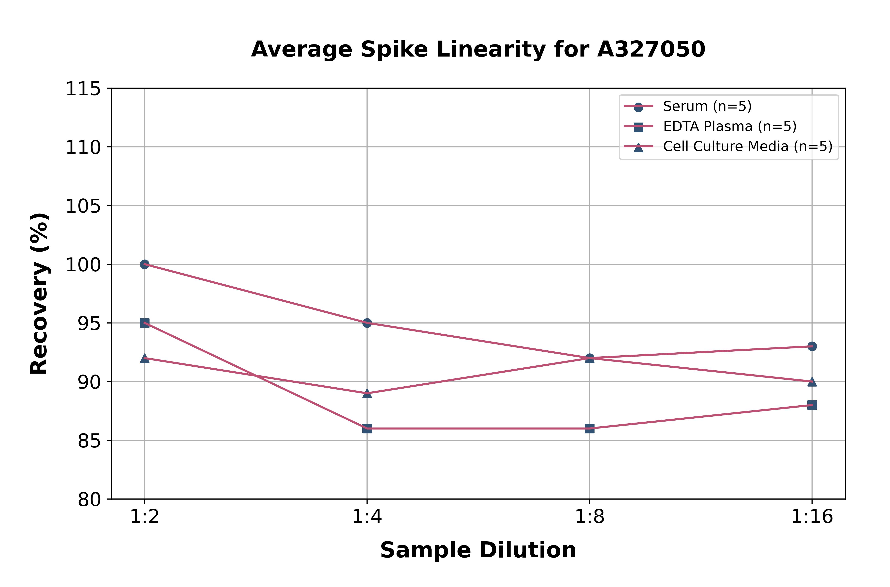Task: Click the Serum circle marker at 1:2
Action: click(x=145, y=264)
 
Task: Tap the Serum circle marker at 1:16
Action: click(x=812, y=346)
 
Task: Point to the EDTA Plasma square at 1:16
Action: click(x=812, y=405)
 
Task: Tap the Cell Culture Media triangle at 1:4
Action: click(x=367, y=393)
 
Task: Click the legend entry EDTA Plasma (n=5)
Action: click(x=729, y=126)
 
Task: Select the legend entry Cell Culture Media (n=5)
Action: click(x=747, y=146)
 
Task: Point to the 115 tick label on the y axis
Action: click(x=83, y=89)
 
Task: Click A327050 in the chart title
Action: click(x=651, y=49)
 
